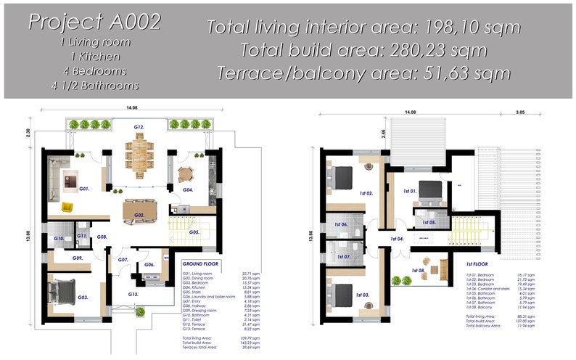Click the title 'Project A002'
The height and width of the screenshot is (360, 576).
[94, 22]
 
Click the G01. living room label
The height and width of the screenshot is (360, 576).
[84, 188]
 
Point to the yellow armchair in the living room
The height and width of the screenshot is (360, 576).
[67, 207]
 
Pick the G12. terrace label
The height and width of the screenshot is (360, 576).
[139, 127]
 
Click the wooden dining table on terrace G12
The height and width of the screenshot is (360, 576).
[139, 153]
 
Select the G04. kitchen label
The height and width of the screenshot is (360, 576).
[188, 189]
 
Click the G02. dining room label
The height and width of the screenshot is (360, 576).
[139, 216]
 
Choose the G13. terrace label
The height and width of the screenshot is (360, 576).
[133, 294]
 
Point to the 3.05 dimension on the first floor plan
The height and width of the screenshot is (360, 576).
[520, 112]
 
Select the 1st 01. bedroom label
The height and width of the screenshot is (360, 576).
[409, 192]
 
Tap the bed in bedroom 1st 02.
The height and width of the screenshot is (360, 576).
[342, 175]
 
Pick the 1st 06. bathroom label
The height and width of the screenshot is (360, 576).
[341, 225]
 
